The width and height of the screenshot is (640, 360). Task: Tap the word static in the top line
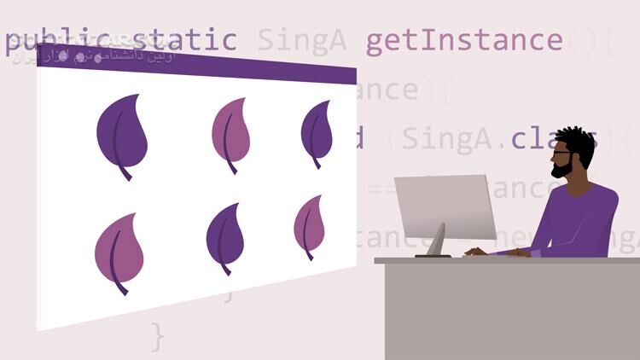183,40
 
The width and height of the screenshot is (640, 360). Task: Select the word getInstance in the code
464,40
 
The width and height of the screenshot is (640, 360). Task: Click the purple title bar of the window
196,63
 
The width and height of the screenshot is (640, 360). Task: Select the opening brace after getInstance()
607,40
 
